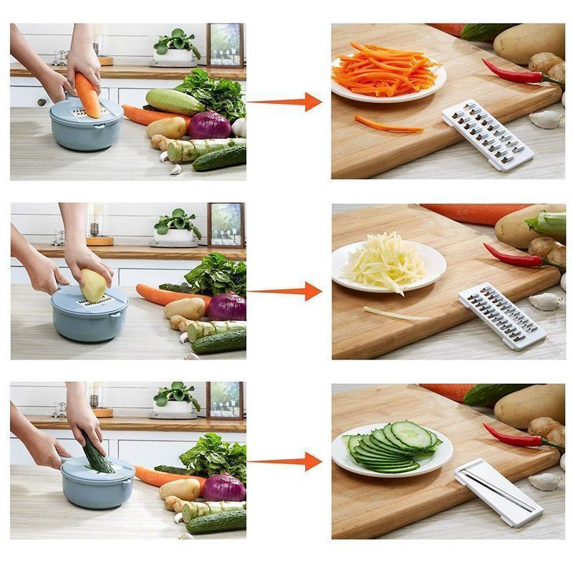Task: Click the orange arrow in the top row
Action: (286, 102)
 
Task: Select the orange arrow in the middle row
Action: (286, 291)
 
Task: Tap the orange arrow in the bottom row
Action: (286, 461)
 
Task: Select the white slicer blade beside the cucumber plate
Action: (499, 492)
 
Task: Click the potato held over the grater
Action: (94, 285)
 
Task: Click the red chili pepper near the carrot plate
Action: (511, 72)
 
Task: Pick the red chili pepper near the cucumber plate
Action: (511, 435)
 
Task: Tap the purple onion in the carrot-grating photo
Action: (209, 125)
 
